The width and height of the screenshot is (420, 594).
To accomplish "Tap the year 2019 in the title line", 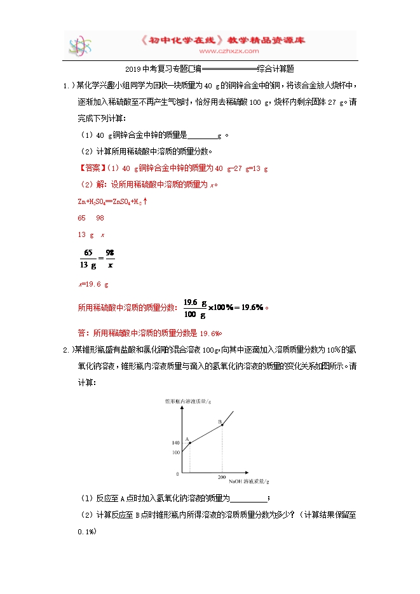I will [133, 68].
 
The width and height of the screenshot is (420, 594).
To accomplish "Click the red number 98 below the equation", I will [100, 218].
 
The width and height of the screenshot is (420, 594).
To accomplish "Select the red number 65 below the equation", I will [81, 218].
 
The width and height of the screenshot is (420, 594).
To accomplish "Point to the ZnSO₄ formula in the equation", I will [116, 201].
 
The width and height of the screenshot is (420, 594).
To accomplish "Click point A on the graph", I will [189, 443].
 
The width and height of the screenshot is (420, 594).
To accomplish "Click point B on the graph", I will [222, 424].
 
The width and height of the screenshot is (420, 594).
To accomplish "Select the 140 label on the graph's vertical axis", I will [175, 442].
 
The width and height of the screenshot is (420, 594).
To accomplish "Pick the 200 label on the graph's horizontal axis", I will [222, 476].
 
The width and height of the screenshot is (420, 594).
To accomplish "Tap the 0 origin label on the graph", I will [178, 474].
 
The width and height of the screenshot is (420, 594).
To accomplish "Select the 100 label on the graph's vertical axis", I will [175, 452].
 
